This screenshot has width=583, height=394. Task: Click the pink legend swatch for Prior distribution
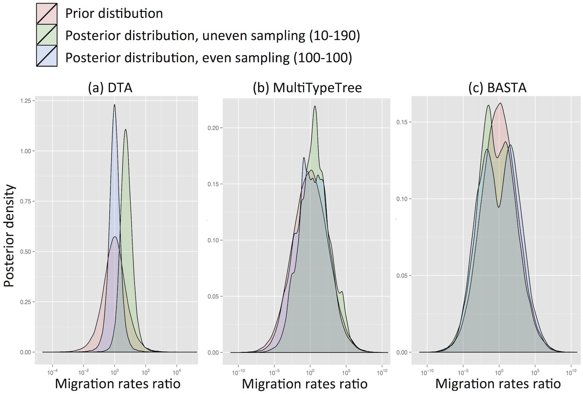47,13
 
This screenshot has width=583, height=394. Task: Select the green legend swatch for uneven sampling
47,35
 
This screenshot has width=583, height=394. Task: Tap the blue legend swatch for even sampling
47,56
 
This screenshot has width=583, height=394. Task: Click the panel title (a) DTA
110,88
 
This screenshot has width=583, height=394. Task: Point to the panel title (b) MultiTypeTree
307,88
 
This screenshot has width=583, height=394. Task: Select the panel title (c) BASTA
497,88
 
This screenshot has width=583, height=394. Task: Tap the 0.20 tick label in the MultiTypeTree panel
213,128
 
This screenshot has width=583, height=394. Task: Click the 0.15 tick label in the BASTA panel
402,122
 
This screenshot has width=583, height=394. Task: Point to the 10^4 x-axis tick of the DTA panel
176,372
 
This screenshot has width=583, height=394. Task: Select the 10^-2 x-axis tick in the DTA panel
84,372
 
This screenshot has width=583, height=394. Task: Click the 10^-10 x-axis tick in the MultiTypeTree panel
238,373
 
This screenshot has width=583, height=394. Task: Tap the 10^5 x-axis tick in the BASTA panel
535,373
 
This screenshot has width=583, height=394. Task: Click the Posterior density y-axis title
9,236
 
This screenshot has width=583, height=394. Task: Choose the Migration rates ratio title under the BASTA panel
498,384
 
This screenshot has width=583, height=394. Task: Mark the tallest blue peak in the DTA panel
114,105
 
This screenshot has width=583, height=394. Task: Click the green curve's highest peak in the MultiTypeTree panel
315,107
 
